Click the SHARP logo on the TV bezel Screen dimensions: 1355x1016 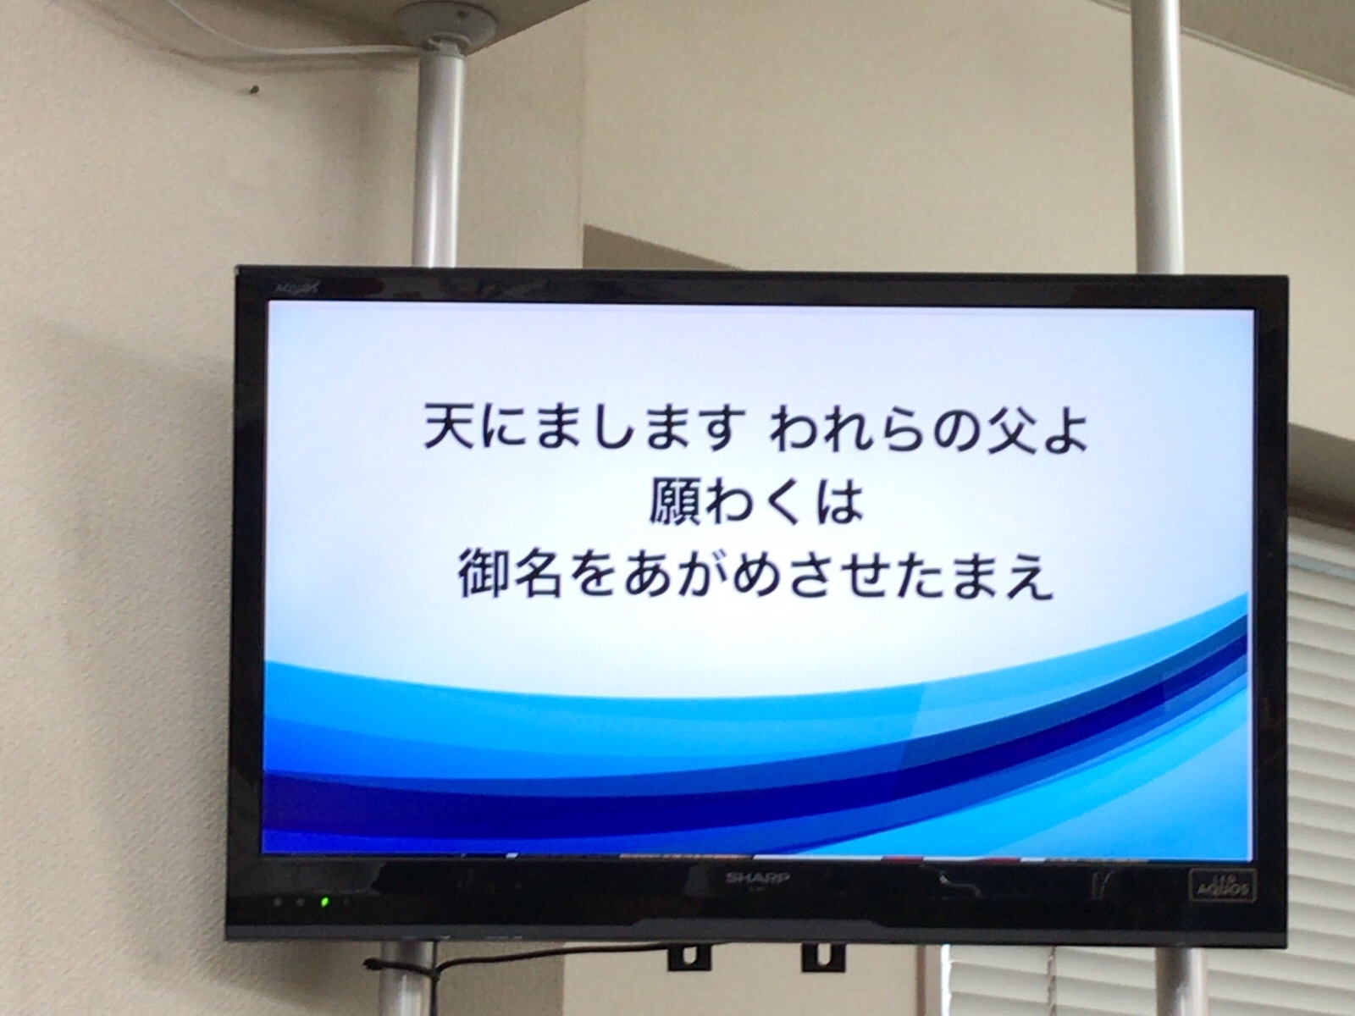pos(748,878)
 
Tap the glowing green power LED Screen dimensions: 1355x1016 pos(324,902)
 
